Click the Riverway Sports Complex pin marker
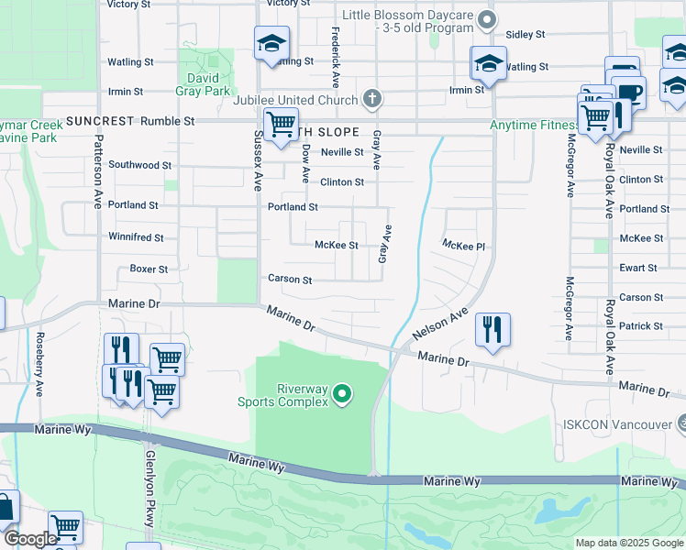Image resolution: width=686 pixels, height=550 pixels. click(342, 395)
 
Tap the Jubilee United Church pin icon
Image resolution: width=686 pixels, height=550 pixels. click(371, 97)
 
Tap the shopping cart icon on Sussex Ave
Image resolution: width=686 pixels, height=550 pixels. click(280, 124)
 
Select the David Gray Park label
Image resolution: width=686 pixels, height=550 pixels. click(203, 84)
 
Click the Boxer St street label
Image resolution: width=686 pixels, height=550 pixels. click(149, 269)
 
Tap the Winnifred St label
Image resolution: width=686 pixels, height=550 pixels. click(136, 237)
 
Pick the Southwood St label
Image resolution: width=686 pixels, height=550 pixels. click(139, 165)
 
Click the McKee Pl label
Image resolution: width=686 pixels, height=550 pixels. click(463, 245)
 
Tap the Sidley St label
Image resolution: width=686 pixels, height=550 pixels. click(526, 34)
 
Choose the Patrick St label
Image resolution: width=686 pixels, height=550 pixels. click(640, 325)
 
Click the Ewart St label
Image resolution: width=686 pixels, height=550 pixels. click(638, 268)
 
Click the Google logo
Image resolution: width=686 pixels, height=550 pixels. click(30, 539)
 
